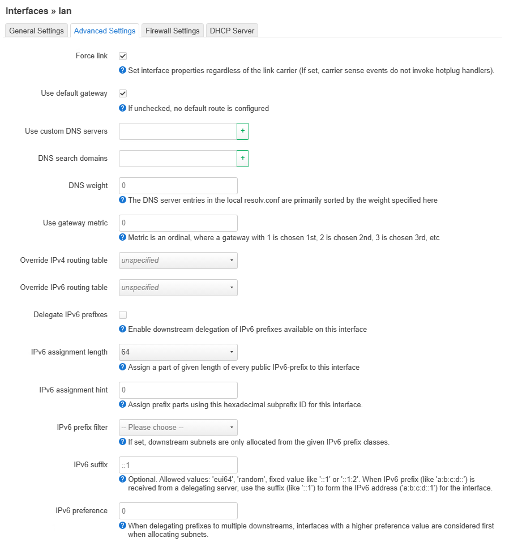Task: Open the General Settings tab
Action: click(36, 31)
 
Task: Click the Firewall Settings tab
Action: click(172, 31)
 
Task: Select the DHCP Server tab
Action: click(232, 31)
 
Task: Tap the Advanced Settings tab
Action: click(105, 31)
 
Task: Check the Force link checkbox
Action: click(123, 56)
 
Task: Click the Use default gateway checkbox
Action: click(123, 93)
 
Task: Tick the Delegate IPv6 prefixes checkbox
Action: click(123, 314)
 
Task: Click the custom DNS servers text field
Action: click(177, 131)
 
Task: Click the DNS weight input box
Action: click(178, 186)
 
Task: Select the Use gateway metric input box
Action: click(178, 223)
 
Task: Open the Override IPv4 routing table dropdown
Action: click(178, 261)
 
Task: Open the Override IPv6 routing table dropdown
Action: click(178, 288)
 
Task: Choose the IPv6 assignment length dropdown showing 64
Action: click(178, 352)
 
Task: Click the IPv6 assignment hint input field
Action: click(178, 390)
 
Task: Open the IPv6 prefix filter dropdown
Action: click(178, 428)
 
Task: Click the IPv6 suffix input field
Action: click(178, 465)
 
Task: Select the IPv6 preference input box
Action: click(178, 511)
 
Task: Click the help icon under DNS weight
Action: click(122, 200)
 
